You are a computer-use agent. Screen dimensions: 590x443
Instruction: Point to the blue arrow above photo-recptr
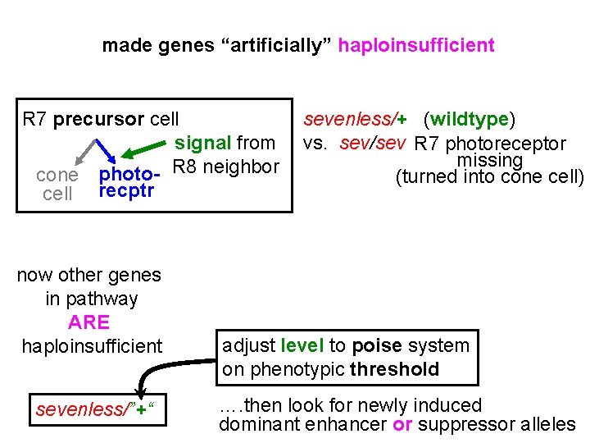pos(105,150)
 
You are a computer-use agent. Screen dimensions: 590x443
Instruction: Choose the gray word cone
pos(57,175)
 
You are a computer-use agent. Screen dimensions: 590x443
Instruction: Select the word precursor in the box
pos(99,120)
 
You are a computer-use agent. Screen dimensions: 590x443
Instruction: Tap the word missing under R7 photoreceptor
pos(490,161)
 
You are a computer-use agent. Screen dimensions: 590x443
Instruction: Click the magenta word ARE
pos(89,322)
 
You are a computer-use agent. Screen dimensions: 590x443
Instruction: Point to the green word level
pos(302,345)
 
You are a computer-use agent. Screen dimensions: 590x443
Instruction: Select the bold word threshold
pos(394,369)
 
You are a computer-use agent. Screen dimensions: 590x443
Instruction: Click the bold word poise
pos(376,345)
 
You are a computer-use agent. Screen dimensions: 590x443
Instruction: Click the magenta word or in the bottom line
pos(402,424)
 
